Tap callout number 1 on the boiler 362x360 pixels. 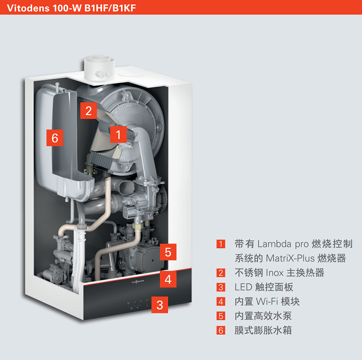pos(119,134)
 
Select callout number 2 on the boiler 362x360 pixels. pos(88,110)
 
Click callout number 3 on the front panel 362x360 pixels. pos(160,305)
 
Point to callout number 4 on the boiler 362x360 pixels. pos(168,279)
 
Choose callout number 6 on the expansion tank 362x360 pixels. pos(55,138)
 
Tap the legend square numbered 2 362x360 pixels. pos(222,273)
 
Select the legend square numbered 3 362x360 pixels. pos(222,288)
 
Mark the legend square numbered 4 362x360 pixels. pos(222,302)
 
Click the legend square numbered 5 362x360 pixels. pos(222,316)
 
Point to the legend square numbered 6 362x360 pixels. pos(222,331)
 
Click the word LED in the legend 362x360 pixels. pos(243,288)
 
